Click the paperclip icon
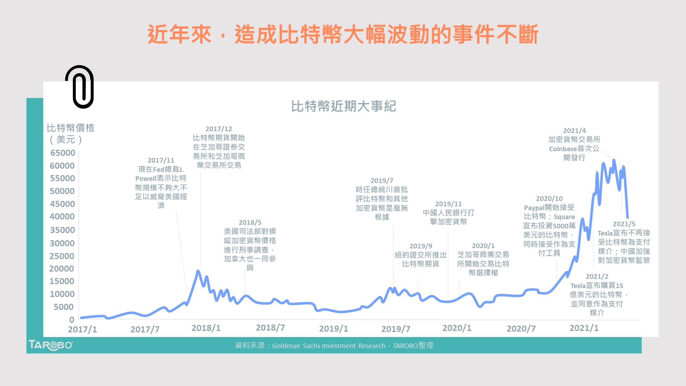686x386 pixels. pyautogui.click(x=80, y=87)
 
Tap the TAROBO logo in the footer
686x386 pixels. pyautogui.click(x=50, y=345)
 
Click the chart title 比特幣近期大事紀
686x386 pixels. pyautogui.click(x=343, y=106)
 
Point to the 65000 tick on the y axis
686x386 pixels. pyautogui.click(x=63, y=153)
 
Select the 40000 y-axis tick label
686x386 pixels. pyautogui.click(x=63, y=217)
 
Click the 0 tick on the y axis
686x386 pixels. pyautogui.click(x=72, y=320)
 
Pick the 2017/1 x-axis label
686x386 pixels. pyautogui.click(x=83, y=329)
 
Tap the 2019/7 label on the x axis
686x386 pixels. pyautogui.click(x=396, y=329)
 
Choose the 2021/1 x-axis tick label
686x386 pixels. pyautogui.click(x=584, y=328)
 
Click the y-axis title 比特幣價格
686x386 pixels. pyautogui.click(x=70, y=128)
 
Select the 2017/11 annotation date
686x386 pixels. pyautogui.click(x=161, y=160)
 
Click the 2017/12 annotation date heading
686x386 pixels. pyautogui.click(x=219, y=129)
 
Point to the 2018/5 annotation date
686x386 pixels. pyautogui.click(x=250, y=223)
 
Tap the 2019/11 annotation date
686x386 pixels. pyautogui.click(x=448, y=204)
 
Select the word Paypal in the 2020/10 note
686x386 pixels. pyautogui.click(x=534, y=208)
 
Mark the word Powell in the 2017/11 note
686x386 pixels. pyautogui.click(x=146, y=178)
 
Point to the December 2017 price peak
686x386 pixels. pyautogui.click(x=198, y=271)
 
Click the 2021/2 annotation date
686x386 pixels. pyautogui.click(x=597, y=277)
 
